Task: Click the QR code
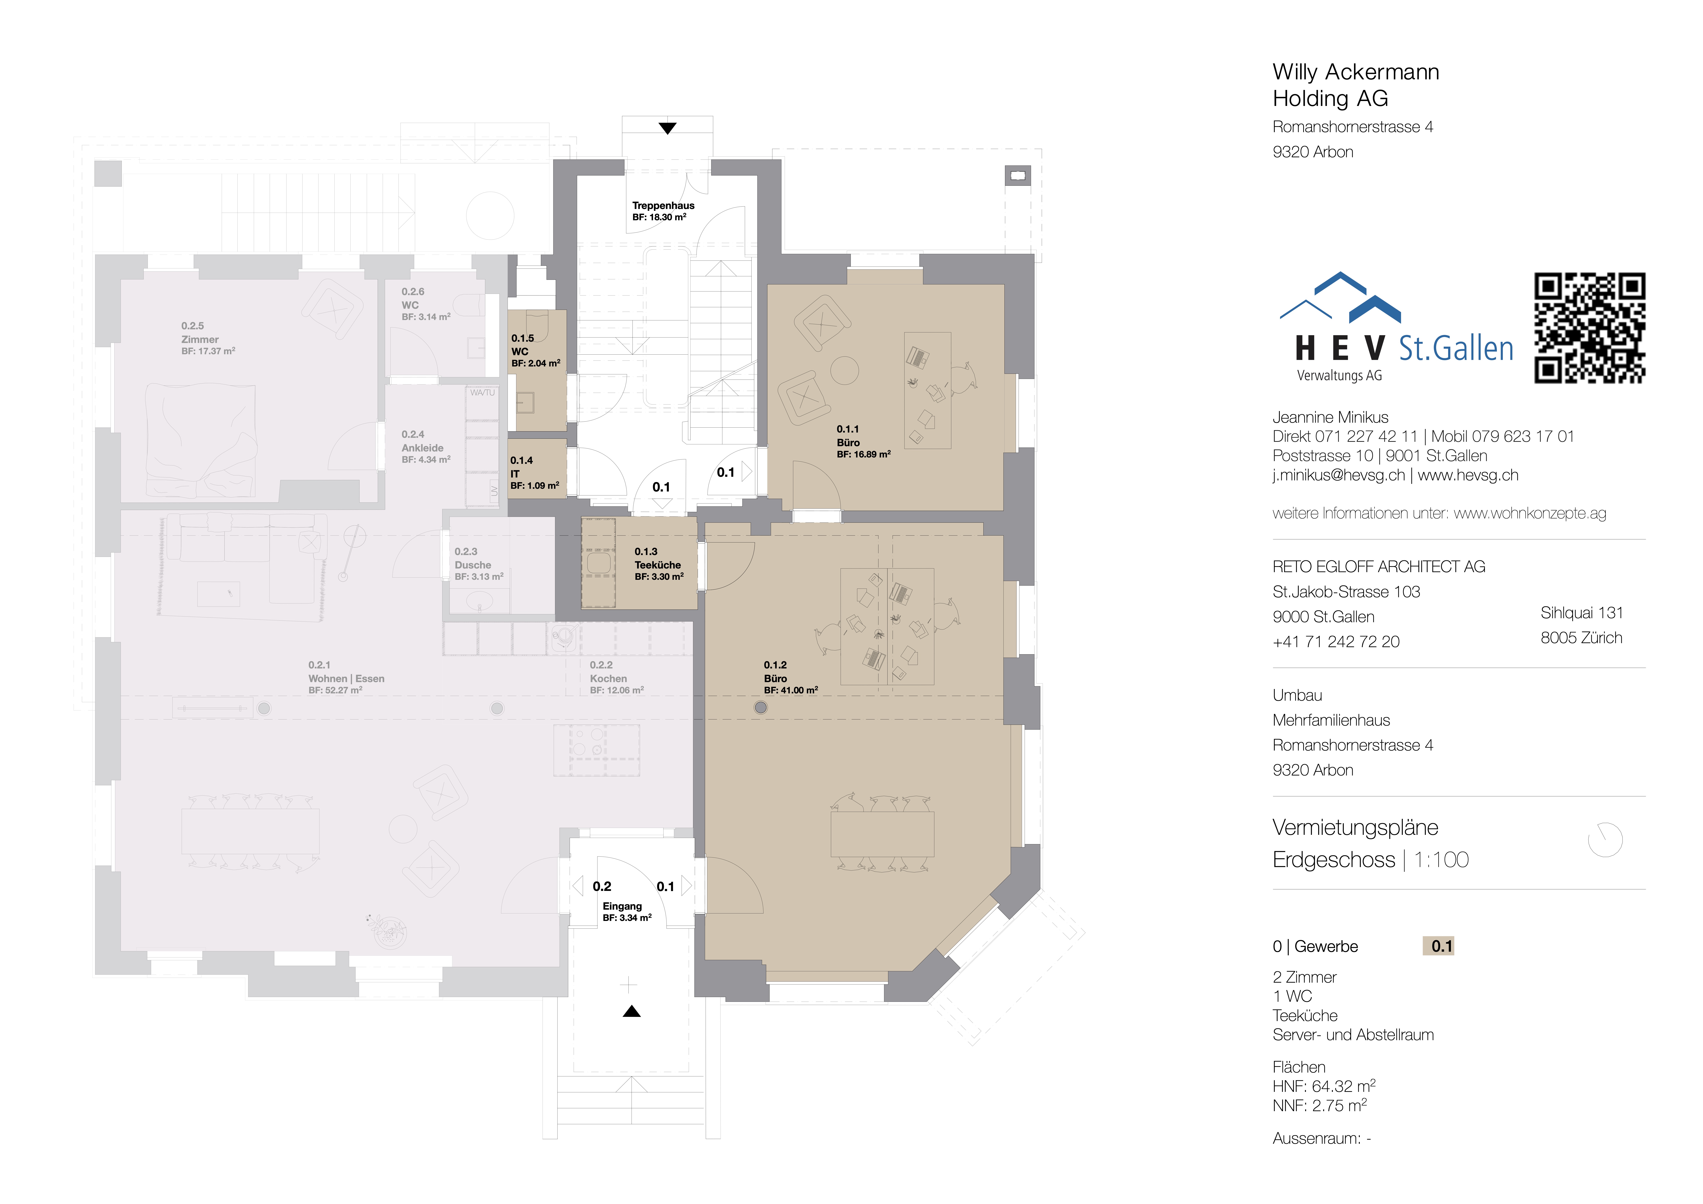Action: pos(1590,328)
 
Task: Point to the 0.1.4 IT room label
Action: pos(534,473)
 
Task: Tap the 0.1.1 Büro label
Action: pos(863,441)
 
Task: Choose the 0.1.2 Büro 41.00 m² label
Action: pos(791,677)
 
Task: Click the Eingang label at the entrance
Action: pos(627,912)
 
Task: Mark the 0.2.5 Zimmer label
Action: pos(208,338)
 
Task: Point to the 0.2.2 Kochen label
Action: pos(616,677)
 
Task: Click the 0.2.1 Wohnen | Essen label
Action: pos(346,677)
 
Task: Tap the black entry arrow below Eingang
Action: pos(631,1011)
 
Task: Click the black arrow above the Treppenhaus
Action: pos(668,128)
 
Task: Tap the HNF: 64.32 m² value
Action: pos(1324,1086)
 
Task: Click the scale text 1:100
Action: pos(1441,860)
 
